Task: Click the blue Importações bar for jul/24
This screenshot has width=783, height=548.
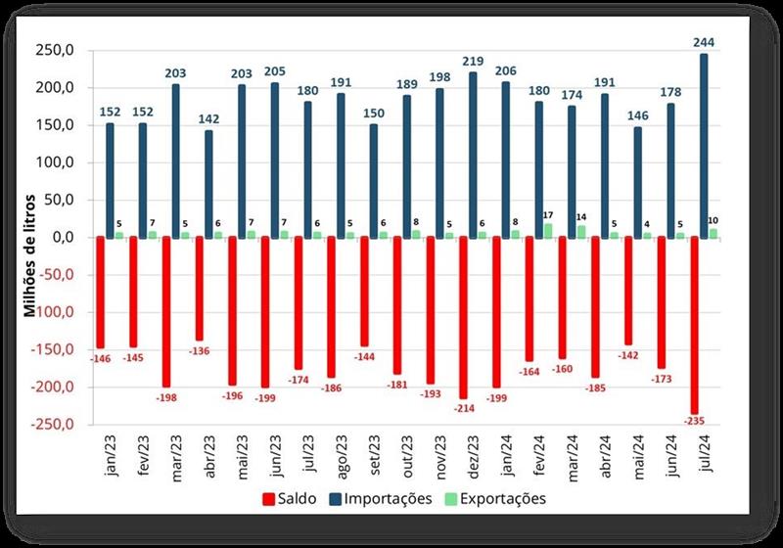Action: [704, 145]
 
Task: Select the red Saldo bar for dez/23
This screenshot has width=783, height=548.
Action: [463, 317]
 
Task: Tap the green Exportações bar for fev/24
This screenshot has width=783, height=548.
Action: [547, 230]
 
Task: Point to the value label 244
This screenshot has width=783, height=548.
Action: [703, 43]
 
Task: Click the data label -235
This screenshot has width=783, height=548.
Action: [695, 421]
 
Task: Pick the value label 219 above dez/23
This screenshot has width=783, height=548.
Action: [474, 61]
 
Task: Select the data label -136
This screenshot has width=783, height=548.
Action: [200, 349]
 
